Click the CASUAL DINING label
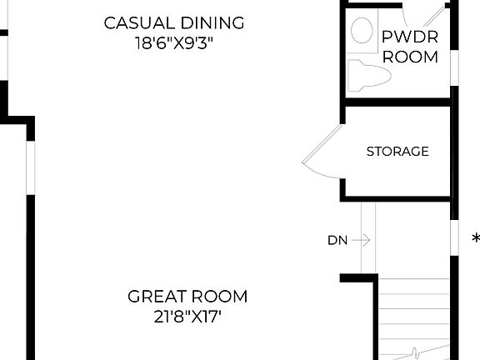tap(174, 22)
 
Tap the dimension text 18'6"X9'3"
tap(175, 42)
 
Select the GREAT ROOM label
tap(187, 296)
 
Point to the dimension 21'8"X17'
tap(187, 316)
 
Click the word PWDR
tap(410, 37)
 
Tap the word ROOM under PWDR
tap(410, 57)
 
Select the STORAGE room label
tap(397, 152)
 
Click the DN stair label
tap(337, 240)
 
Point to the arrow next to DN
tap(360, 240)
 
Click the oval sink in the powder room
tap(362, 32)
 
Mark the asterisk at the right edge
tap(475, 238)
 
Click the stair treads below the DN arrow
tap(412, 317)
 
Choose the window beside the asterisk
tap(454, 238)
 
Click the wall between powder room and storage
tap(397, 102)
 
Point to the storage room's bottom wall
tap(397, 198)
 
